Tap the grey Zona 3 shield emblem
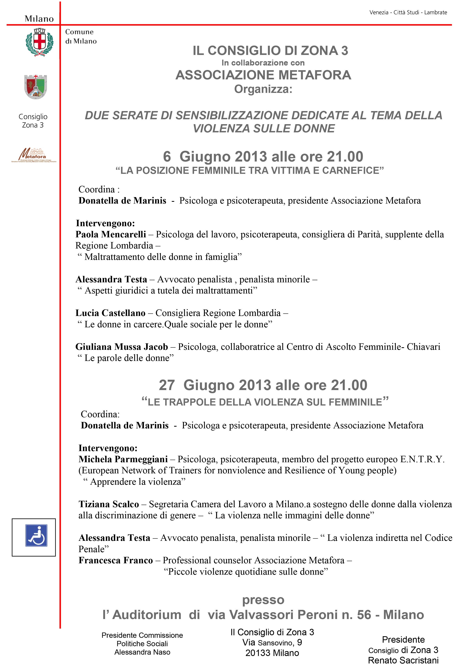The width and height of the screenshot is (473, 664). point(36,87)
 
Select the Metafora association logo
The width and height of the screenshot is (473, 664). point(33,155)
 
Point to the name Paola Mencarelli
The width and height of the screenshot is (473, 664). point(111,234)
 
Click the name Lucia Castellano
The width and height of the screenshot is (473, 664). point(110,313)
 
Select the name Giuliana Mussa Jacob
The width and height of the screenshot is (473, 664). point(121,347)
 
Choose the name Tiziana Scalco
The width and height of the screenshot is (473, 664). point(109,504)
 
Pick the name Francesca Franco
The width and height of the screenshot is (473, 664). point(116,560)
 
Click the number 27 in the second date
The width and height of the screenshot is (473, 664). point(167,385)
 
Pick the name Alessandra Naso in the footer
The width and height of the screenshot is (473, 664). point(142,652)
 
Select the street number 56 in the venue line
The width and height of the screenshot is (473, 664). point(364,615)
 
